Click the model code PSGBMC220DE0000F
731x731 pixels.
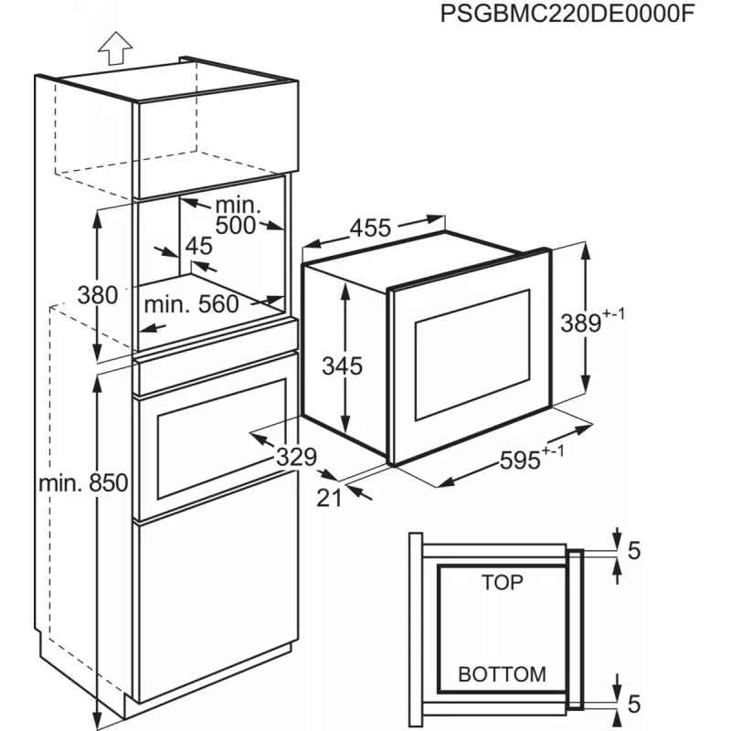tap(567, 14)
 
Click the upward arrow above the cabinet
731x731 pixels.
tap(115, 48)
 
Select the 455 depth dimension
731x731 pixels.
tap(371, 228)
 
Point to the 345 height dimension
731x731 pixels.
tap(342, 366)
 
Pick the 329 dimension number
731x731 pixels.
tap(296, 457)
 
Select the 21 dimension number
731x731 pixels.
tap(329, 498)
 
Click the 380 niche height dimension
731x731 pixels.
tap(98, 295)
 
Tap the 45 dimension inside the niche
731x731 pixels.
tap(199, 246)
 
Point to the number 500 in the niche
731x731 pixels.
tap(236, 225)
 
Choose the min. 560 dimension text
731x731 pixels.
tap(192, 304)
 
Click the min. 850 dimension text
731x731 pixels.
tap(83, 483)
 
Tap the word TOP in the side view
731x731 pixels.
tap(502, 582)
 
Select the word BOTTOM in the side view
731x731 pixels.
tap(502, 674)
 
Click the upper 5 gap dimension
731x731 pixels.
tap(634, 551)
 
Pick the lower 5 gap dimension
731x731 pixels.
tap(634, 704)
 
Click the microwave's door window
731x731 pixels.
tap(472, 355)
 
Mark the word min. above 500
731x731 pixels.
tap(238, 205)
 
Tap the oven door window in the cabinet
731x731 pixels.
tap(222, 439)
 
